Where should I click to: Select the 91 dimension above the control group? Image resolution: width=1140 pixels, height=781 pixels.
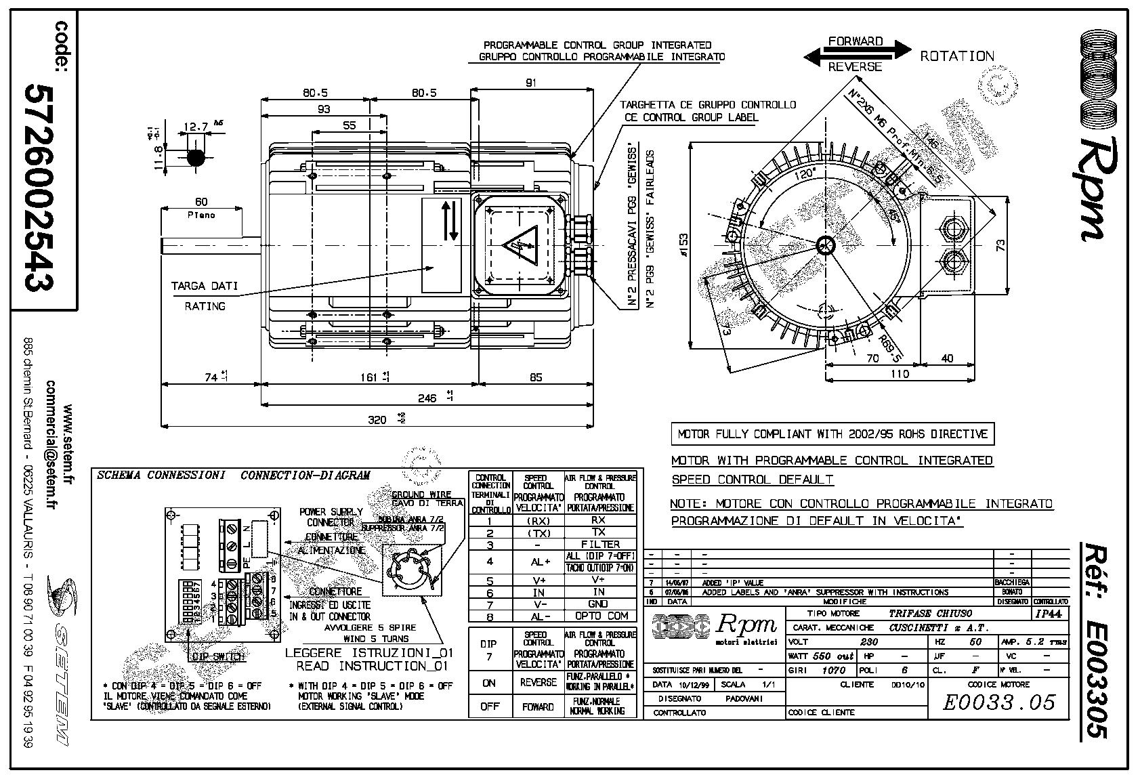[530, 83]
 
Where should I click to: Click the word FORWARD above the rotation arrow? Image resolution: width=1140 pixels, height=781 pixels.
[856, 41]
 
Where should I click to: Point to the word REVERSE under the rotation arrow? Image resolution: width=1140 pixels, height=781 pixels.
[856, 66]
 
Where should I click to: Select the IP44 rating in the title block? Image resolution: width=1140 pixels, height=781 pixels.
[1049, 614]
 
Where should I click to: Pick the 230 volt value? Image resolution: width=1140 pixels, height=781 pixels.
[868, 641]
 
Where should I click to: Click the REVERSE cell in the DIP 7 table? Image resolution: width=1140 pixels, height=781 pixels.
[538, 682]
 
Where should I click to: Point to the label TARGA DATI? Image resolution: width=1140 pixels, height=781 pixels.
[205, 286]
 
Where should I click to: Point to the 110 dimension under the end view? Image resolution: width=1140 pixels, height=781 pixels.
[898, 374]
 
